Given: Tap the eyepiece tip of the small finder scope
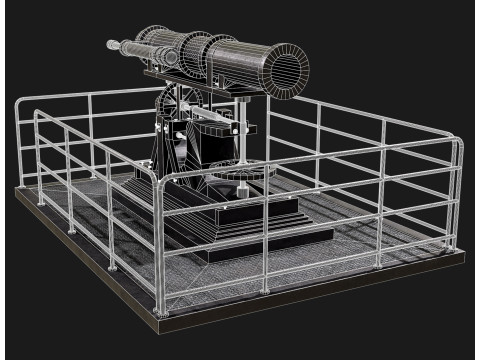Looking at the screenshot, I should coord(111,45).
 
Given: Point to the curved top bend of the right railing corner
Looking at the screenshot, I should coord(455,148).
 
